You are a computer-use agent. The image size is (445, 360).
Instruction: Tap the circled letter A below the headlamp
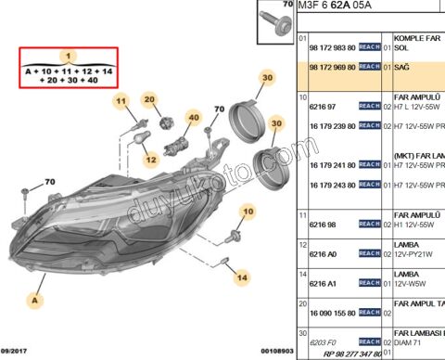coord(35,300)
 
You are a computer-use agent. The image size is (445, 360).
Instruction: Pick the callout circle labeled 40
coord(194,118)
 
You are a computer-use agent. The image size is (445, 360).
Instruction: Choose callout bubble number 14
coord(242,276)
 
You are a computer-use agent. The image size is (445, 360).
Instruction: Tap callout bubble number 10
coord(248,212)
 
